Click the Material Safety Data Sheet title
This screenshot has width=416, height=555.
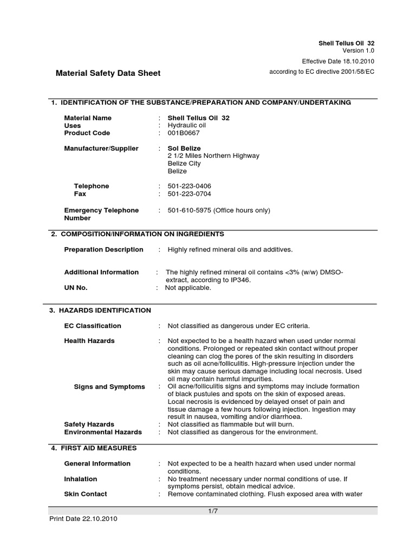tap(108, 73)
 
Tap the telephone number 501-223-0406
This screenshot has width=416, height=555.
tap(190, 186)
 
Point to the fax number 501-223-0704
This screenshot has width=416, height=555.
tap(190, 193)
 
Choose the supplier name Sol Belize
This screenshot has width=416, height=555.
tap(184, 148)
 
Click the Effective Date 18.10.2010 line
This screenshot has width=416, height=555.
tap(338, 61)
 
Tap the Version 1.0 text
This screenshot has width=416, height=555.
tap(358, 50)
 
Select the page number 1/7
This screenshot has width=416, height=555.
tap(212, 511)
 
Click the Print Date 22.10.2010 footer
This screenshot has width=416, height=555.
tap(83, 519)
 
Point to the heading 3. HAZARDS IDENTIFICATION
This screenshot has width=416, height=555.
tap(100, 311)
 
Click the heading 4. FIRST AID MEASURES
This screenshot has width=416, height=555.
tap(94, 448)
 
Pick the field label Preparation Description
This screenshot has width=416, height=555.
tap(104, 249)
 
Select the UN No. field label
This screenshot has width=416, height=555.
tap(76, 288)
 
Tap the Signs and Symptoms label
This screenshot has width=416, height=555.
tap(109, 387)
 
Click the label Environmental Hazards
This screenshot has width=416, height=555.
tap(103, 432)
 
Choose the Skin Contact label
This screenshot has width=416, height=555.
tap(86, 494)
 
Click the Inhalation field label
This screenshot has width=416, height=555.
tap(81, 479)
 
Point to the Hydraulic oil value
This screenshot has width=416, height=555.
tap(187, 125)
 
